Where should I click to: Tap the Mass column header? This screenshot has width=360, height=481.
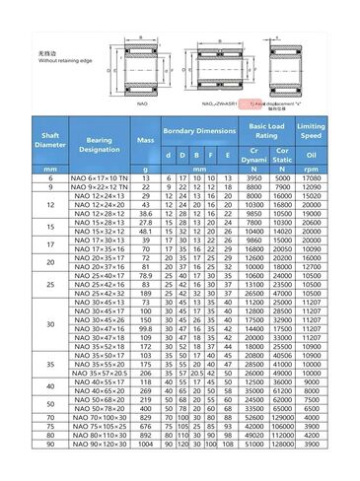click(146, 143)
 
